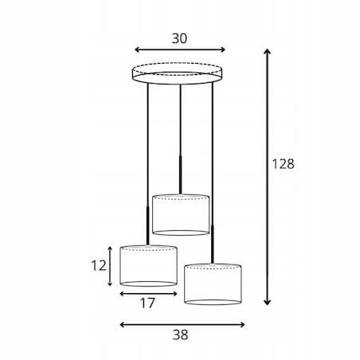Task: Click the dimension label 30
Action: pos(179,38)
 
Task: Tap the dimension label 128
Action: pos(284,164)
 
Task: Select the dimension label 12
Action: pos(99,265)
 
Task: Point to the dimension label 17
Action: pos(147,303)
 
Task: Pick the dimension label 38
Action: pos(180,335)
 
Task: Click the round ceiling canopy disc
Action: pos(178,73)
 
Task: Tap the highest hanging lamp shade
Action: pos(181,215)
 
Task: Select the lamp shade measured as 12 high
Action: pos(149,266)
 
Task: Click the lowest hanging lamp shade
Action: pos(213,284)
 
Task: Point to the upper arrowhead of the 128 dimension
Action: pos(268,51)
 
